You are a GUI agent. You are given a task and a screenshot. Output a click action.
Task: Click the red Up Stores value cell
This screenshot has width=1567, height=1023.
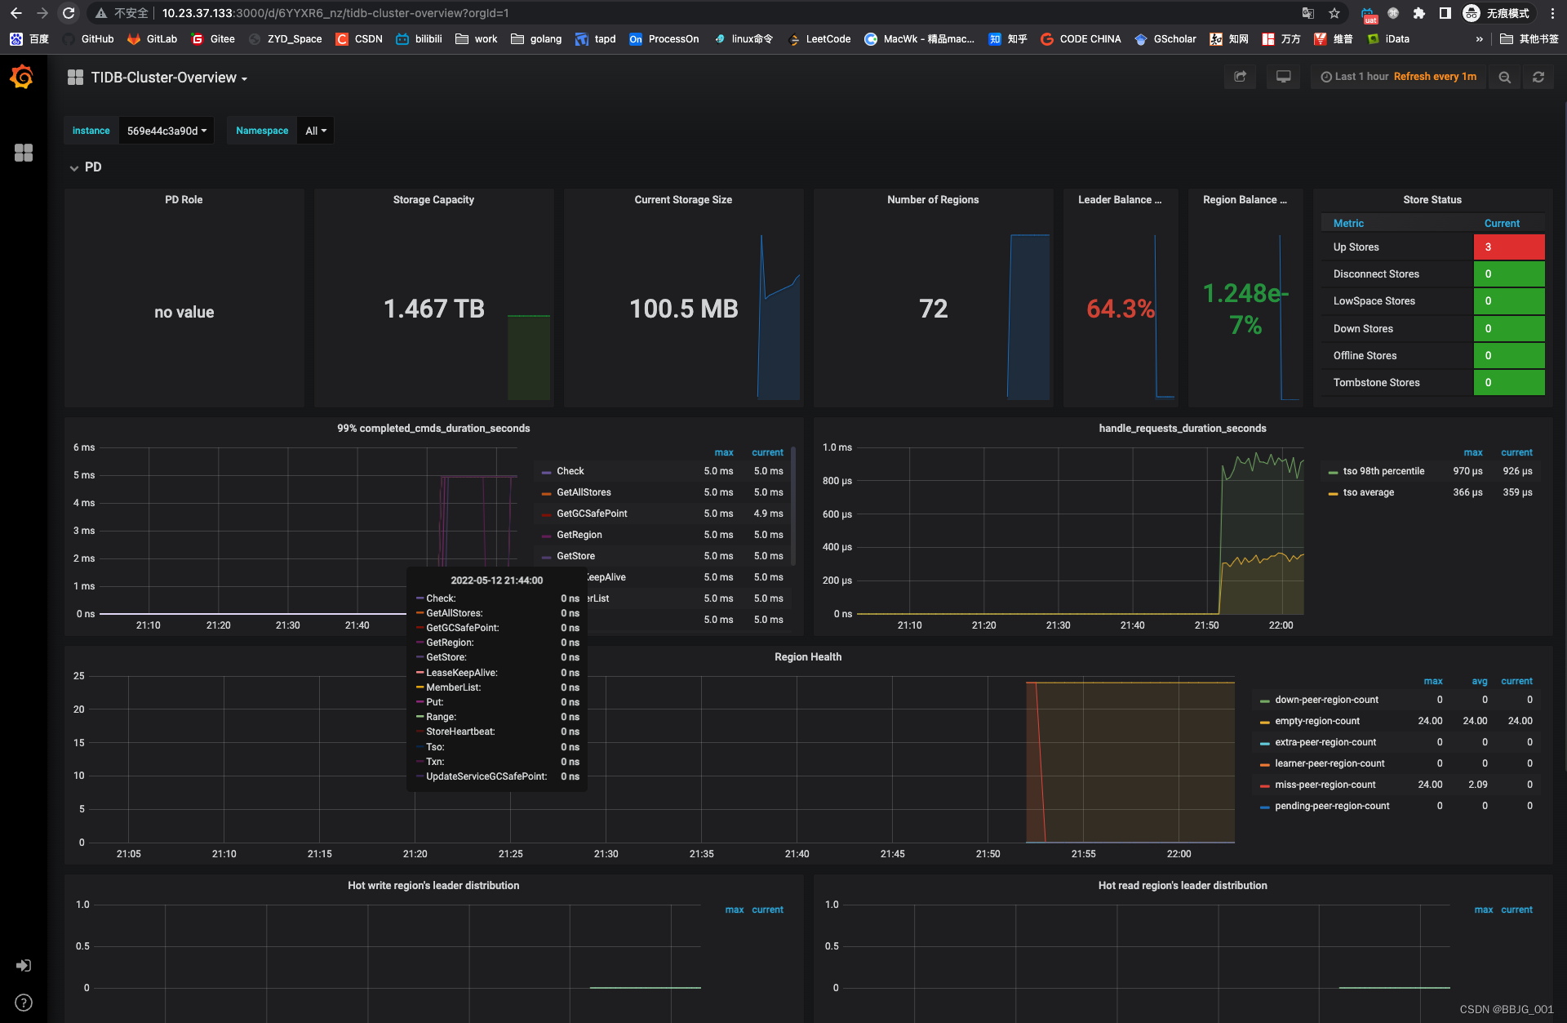pyautogui.click(x=1508, y=247)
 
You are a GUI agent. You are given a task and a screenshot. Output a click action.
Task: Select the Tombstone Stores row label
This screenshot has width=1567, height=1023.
pyautogui.click(x=1376, y=383)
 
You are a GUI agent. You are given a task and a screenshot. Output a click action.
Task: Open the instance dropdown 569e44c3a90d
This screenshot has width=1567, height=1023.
pyautogui.click(x=166, y=131)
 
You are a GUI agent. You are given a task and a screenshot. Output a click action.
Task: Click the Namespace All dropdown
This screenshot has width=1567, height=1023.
pyautogui.click(x=315, y=131)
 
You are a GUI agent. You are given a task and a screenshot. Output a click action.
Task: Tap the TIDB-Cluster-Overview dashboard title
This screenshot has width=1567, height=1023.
pyautogui.click(x=163, y=78)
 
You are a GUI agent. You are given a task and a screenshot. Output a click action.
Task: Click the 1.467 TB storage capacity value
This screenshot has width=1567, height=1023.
pyautogui.click(x=433, y=309)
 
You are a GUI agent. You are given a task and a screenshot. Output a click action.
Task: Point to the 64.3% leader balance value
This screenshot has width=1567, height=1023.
pyautogui.click(x=1120, y=309)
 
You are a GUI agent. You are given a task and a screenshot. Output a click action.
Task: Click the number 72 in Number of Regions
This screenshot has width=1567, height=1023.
pyautogui.click(x=933, y=309)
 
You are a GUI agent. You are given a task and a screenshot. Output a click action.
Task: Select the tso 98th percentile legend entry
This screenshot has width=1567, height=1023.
pyautogui.click(x=1383, y=471)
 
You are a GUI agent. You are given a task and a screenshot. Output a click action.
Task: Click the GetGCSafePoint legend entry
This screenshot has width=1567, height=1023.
pyautogui.click(x=592, y=514)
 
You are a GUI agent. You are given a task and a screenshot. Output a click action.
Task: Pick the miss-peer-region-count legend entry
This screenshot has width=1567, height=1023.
pyautogui.click(x=1325, y=785)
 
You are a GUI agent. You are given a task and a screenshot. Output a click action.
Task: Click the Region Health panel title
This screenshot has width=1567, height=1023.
pyautogui.click(x=807, y=657)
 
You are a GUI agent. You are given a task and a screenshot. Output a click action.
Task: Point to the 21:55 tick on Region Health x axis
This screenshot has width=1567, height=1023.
pyautogui.click(x=1083, y=854)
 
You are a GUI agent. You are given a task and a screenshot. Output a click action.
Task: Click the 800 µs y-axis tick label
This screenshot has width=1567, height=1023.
pyautogui.click(x=837, y=481)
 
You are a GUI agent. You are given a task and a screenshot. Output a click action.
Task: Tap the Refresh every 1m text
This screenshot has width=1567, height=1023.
pyautogui.click(x=1434, y=77)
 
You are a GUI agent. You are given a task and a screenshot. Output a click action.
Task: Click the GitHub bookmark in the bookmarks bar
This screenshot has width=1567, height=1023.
pyautogui.click(x=97, y=39)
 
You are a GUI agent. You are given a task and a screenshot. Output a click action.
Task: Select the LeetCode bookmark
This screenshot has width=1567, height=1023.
pyautogui.click(x=828, y=39)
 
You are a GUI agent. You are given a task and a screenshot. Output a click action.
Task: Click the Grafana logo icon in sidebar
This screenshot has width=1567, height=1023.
pyautogui.click(x=22, y=78)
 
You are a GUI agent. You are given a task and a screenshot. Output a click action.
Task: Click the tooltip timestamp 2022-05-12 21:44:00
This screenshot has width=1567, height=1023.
pyautogui.click(x=496, y=580)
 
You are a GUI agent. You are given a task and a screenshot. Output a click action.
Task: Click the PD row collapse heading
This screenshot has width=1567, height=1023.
pyautogui.click(x=92, y=167)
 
